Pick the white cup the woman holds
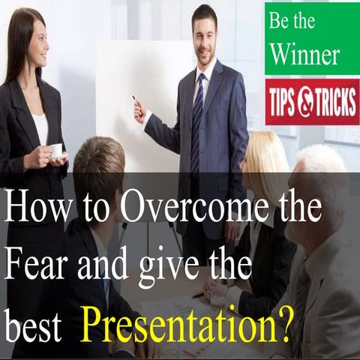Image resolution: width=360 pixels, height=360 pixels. [x=56, y=150]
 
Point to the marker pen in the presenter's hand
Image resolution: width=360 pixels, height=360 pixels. [x=136, y=100]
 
